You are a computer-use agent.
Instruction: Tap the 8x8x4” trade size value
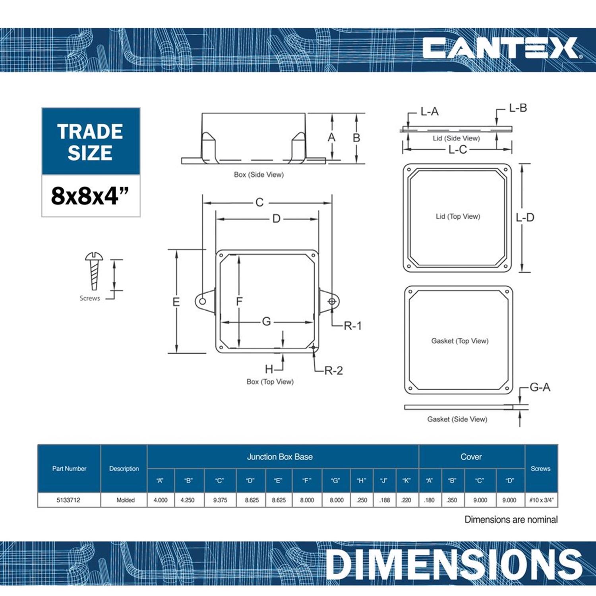(90, 195)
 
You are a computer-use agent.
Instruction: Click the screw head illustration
(94, 256)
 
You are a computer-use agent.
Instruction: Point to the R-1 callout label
(352, 326)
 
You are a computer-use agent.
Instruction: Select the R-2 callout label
(333, 370)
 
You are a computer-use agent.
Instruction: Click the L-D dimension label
(525, 217)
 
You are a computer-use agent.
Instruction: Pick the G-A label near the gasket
(540, 387)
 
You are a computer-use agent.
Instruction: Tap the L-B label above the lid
(518, 108)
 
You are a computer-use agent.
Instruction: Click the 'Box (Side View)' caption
(259, 174)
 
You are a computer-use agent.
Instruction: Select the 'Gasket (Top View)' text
(460, 341)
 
